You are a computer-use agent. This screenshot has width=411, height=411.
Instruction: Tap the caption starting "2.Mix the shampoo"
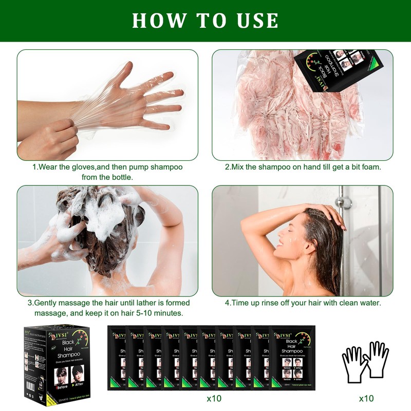(x=303, y=167)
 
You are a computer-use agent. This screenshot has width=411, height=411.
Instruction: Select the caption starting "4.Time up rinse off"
(x=303, y=303)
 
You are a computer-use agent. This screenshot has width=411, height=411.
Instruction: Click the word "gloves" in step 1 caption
(x=77, y=167)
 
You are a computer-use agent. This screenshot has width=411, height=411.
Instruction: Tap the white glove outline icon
(x=366, y=361)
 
